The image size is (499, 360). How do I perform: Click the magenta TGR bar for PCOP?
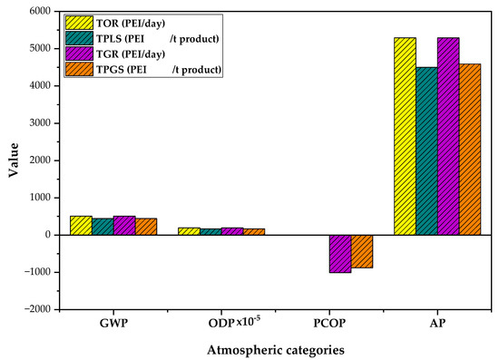click(x=339, y=253)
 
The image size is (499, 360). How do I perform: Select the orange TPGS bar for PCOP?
click(x=361, y=251)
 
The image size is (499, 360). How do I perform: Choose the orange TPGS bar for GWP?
click(x=146, y=227)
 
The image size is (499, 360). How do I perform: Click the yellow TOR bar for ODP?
click(x=188, y=231)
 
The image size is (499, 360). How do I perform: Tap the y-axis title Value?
click(x=13, y=160)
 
